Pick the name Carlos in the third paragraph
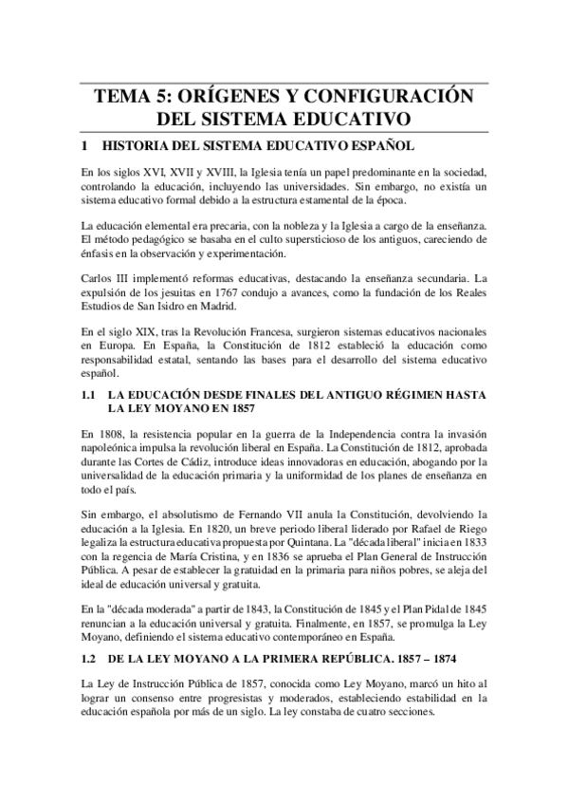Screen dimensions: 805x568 coord(100,281)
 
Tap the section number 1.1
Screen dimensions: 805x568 coord(90,392)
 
